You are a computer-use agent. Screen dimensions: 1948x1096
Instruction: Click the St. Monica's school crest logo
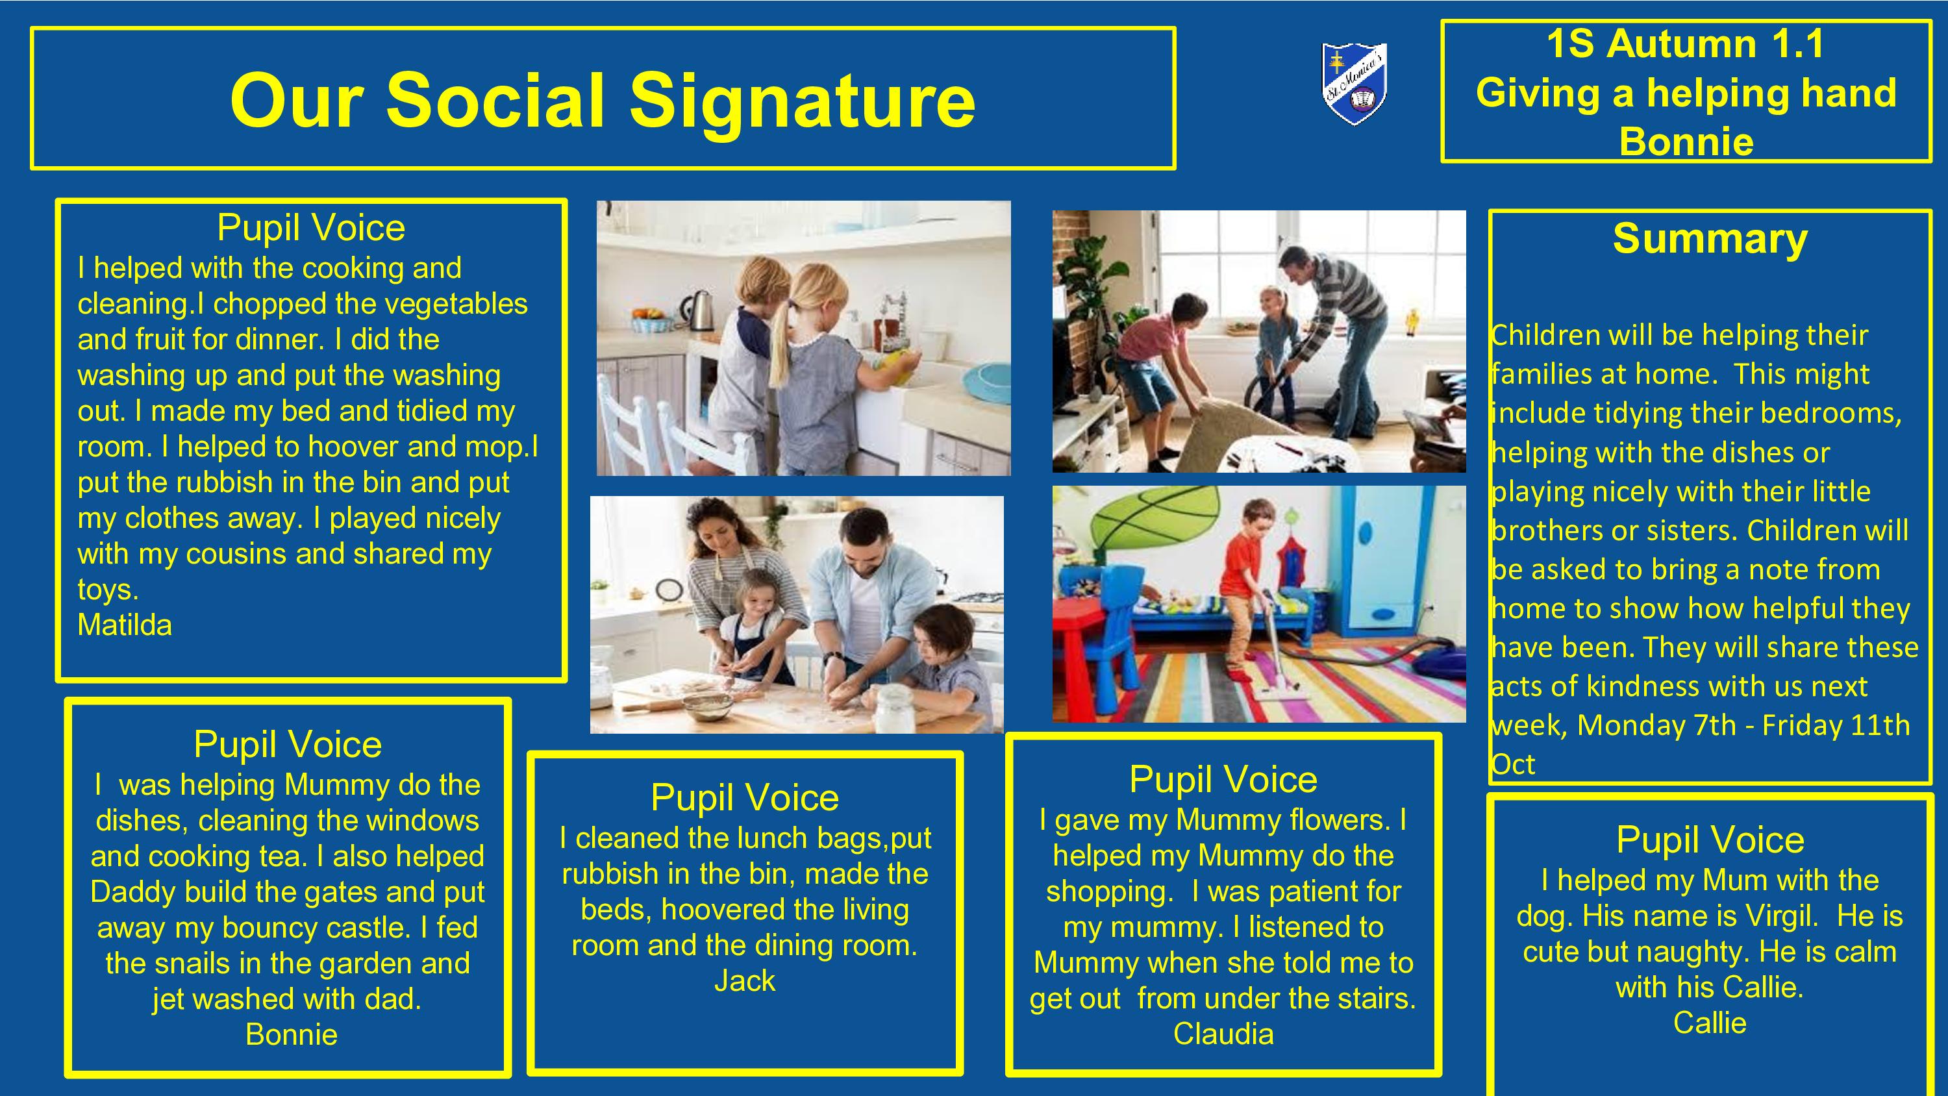(1355, 83)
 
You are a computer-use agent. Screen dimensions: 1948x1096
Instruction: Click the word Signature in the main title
(803, 101)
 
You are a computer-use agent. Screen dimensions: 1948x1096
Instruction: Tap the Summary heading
(1710, 239)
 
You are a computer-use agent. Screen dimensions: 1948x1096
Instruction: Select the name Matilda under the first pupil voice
(125, 625)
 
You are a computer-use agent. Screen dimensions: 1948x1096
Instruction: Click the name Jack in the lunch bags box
(745, 981)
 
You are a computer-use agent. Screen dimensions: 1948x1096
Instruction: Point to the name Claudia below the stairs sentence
(1223, 1034)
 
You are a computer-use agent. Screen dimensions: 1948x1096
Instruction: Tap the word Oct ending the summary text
(1512, 765)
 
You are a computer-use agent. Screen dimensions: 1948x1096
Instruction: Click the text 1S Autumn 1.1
(1686, 44)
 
